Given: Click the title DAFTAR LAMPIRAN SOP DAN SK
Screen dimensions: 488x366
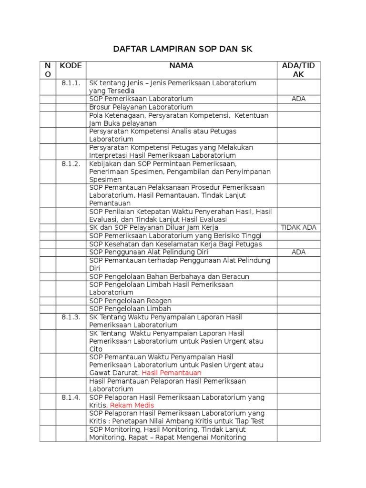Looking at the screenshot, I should point(183,49).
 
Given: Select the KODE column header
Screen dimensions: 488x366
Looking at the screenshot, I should point(71,66).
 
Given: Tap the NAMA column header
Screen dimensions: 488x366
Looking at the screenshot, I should point(181,66).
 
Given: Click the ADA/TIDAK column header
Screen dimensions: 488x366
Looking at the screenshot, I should point(299,70).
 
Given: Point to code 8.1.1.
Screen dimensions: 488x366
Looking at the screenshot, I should point(71,83).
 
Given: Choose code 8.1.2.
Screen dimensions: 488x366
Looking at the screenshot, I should point(71,164).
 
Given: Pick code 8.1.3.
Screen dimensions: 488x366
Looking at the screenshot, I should point(71,317).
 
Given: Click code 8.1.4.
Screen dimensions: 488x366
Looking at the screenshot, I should point(71,397).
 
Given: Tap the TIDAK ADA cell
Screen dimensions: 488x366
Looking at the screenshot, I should point(299,228).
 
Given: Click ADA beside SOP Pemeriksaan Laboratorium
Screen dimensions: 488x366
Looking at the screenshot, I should point(299,99).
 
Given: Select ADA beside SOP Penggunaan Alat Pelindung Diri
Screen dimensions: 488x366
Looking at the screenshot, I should point(299,252).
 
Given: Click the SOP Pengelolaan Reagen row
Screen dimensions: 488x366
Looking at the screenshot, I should point(131,301).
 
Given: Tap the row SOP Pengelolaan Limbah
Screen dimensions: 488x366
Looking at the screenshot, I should point(131,309).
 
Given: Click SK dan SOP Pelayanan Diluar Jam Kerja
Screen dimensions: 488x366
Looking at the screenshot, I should point(154,228).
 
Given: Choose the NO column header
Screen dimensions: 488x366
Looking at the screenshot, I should point(48,70).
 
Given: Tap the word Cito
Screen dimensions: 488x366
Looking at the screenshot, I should point(96,349).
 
